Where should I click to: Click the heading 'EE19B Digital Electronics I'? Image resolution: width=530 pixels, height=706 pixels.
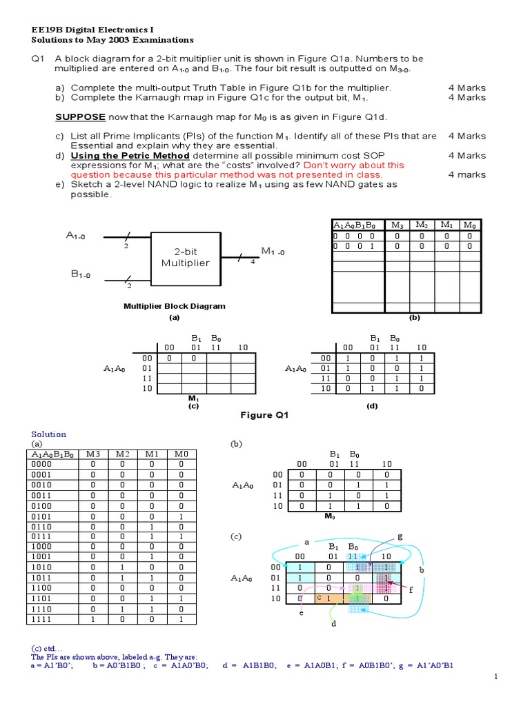click(x=92, y=30)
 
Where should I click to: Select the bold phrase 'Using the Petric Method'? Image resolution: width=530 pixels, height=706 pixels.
click(x=130, y=156)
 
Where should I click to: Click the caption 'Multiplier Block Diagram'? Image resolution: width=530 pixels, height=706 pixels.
click(x=174, y=306)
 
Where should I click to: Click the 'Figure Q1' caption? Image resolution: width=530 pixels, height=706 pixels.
click(x=264, y=415)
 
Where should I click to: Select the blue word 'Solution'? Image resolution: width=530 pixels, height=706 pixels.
click(x=49, y=434)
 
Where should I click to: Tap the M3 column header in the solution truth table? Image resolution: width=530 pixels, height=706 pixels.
click(x=92, y=454)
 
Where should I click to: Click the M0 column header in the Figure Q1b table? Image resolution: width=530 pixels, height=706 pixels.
click(x=469, y=225)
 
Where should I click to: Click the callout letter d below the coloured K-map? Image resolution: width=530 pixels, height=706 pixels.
click(x=333, y=624)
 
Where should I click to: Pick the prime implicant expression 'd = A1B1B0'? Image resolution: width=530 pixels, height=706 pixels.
click(x=249, y=665)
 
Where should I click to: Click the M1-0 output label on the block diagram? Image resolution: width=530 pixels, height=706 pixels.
click(x=273, y=252)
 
